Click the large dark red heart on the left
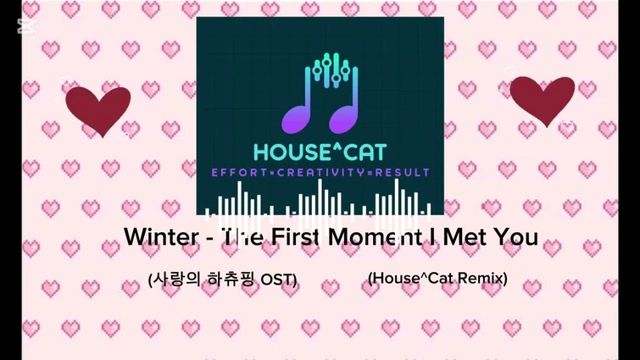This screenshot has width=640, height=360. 98,109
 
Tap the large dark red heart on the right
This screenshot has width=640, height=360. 543,99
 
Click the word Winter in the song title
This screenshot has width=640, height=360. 161,237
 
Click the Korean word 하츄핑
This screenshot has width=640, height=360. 228,279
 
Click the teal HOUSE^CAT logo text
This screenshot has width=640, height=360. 320,152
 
